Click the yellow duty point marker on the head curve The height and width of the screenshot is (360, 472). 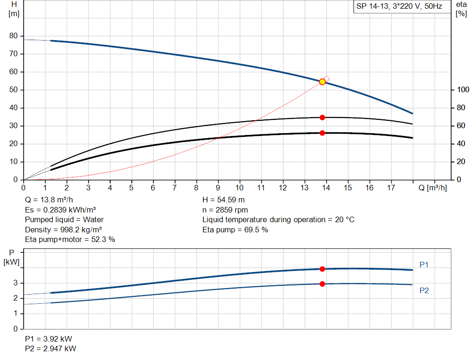(322, 82)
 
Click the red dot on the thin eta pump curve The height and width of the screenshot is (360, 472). (322, 118)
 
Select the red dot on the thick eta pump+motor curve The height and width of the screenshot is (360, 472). (322, 133)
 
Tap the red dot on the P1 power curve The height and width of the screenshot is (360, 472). (322, 269)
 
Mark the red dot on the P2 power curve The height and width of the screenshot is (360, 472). (322, 284)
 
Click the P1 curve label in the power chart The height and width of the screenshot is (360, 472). (424, 265)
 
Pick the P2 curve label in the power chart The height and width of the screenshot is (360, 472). (424, 290)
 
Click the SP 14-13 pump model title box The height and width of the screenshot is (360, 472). (399, 7)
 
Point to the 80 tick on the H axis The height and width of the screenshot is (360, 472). (13, 36)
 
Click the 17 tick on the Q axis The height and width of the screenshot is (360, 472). (391, 188)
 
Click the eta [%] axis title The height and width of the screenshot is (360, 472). (461, 8)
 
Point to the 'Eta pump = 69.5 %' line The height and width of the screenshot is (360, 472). (235, 230)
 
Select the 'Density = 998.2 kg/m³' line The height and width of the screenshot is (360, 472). (64, 230)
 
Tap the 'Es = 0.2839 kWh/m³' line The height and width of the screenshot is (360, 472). (60, 210)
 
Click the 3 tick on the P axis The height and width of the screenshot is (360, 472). (15, 283)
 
